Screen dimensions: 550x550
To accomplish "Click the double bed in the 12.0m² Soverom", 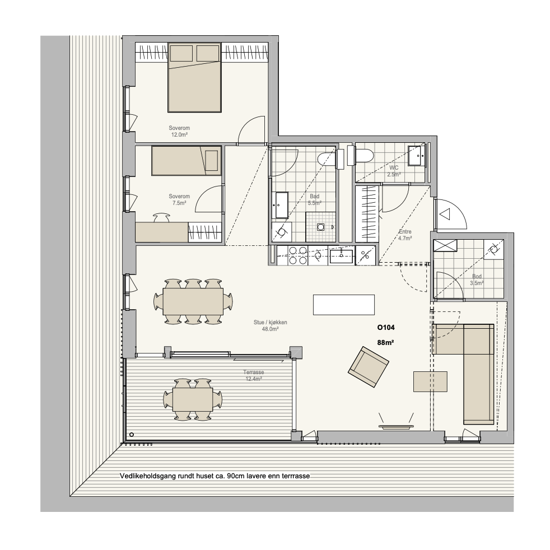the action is pos(194,77).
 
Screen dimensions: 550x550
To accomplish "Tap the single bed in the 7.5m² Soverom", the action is pos(187,161).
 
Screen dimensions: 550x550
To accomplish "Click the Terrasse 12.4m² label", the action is pos(254,376).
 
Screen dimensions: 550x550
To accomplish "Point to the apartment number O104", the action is pos(386,328).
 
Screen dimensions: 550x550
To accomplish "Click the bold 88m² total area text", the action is pos(385,343).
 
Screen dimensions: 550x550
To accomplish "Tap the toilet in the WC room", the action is pos(361,156).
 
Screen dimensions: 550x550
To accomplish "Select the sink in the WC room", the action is pos(417,155).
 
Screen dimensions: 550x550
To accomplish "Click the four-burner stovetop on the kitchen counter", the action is pos(298,255).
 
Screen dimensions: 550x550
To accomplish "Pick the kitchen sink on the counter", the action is pos(341,255).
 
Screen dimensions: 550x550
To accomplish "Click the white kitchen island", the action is pos(344,305).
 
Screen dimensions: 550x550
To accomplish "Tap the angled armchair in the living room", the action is pos(369,366).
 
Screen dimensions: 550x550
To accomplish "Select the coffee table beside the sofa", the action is pos(430,381).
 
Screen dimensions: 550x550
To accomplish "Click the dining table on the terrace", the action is pos(193,399).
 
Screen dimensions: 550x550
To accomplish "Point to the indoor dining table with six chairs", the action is pos(193,301).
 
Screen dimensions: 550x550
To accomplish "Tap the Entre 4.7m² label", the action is pos(405,235).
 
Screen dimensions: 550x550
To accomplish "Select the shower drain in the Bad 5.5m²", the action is pos(320,227).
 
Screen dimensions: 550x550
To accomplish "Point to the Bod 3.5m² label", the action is pos(477,280).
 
